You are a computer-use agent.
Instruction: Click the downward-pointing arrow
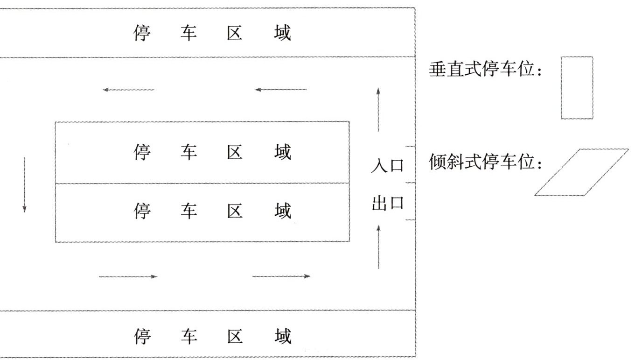coord(24,185)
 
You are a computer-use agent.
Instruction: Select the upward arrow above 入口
coord(378,110)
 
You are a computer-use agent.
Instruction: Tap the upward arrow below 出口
coord(378,247)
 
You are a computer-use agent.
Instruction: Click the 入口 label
coord(387,166)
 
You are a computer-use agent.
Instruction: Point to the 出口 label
coord(387,204)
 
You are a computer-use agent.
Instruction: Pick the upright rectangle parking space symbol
coord(577,88)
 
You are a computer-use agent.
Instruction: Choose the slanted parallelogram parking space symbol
coord(581,172)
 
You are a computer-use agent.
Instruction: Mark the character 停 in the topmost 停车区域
coord(142,34)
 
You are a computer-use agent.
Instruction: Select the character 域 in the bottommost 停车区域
coord(282,336)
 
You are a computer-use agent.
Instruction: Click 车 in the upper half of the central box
coord(188,152)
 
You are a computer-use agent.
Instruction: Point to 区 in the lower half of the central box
coord(235,211)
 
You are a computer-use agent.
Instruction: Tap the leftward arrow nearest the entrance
coord(280,90)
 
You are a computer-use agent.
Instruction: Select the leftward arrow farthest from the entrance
coord(129,90)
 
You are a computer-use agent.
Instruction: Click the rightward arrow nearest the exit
coord(281,276)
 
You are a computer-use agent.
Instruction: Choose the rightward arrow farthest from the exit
coord(128,277)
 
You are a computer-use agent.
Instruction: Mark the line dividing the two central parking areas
coord(202,183)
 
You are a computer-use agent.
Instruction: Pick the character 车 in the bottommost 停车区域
coord(188,336)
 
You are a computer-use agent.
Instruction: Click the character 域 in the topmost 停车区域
coord(282,34)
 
